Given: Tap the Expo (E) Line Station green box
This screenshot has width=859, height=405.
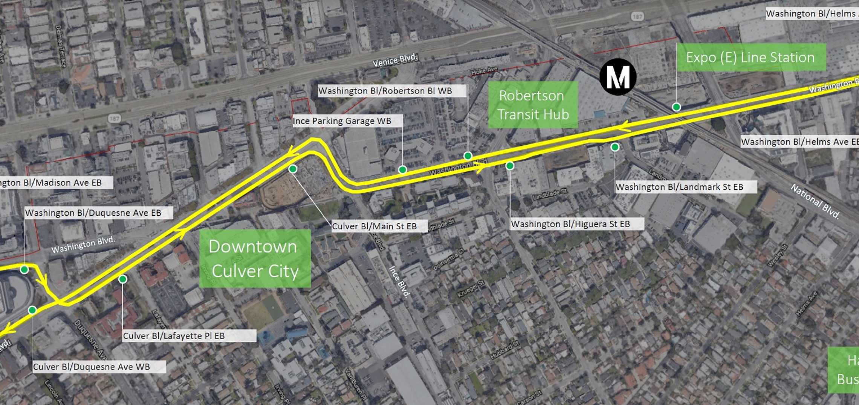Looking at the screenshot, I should (x=751, y=58).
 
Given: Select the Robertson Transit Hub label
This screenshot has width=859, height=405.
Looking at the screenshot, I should (x=533, y=105).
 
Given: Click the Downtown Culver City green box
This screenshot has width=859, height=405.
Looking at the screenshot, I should (x=255, y=259).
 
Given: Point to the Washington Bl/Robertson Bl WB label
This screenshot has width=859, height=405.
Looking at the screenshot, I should (x=385, y=91).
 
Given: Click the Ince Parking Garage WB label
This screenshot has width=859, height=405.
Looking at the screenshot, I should (x=342, y=121).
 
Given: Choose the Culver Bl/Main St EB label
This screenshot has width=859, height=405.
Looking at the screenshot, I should (x=374, y=226).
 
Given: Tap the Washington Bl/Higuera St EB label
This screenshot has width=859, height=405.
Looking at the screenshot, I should (x=570, y=224).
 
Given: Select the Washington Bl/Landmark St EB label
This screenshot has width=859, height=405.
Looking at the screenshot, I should (x=679, y=187).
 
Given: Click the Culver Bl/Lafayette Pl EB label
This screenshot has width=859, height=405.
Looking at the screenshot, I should (x=174, y=336).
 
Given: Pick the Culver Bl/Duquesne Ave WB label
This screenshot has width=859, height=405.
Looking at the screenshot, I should (x=92, y=367).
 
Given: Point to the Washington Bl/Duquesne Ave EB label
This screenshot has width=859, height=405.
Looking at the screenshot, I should (x=93, y=213).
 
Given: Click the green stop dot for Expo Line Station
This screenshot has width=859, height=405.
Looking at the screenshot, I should (x=676, y=107).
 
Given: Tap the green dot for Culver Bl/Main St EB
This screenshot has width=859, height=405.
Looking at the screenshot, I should (x=293, y=169).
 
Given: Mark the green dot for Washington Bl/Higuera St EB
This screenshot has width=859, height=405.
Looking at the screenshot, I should (x=510, y=166).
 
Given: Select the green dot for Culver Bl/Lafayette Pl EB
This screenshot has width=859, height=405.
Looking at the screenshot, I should (x=122, y=279).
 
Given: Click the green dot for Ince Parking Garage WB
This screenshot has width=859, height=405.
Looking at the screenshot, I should (x=402, y=170).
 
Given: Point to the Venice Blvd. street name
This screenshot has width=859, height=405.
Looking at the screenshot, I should (x=394, y=60).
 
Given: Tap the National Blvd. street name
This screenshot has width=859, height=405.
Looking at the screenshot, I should (x=815, y=201).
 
